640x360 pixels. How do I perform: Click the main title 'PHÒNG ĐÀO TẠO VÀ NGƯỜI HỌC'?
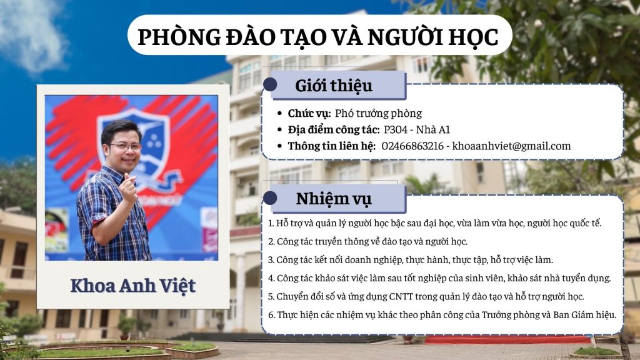(x=318, y=37)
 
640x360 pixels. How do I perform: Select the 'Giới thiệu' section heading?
(x=334, y=86)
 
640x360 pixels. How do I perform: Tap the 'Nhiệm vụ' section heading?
(x=334, y=199)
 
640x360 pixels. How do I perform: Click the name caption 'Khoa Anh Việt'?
(x=133, y=285)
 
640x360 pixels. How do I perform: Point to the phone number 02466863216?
(x=412, y=146)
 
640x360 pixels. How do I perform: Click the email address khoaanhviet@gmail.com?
(x=511, y=146)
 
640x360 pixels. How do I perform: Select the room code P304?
(x=396, y=130)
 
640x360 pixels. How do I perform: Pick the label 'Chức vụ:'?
(x=309, y=114)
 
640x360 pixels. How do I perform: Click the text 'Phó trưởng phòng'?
(x=378, y=114)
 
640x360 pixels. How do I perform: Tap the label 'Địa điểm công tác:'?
(x=334, y=130)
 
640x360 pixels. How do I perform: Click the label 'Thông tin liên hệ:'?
(x=331, y=146)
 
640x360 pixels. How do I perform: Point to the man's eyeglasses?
(x=124, y=146)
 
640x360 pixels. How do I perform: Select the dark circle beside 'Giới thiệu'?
(x=270, y=84)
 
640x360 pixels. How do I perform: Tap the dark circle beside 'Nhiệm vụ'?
(x=270, y=198)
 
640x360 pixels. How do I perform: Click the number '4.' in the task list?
(x=271, y=278)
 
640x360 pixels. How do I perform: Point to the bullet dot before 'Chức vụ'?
(x=279, y=114)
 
